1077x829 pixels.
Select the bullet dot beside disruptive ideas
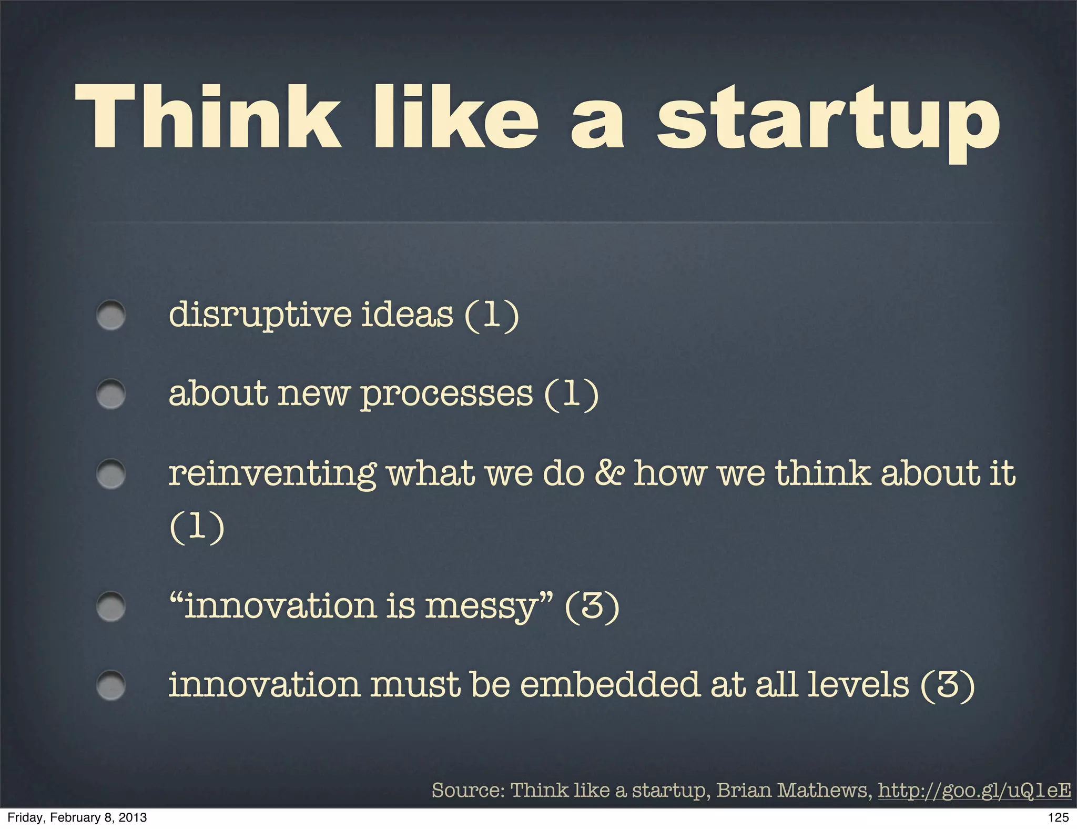pos(111,316)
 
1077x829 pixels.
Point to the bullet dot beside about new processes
pos(111,395)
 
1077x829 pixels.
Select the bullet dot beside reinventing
pos(111,474)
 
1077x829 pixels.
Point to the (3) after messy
pos(592,606)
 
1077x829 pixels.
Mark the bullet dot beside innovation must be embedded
pos(111,685)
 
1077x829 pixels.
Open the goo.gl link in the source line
pos(974,790)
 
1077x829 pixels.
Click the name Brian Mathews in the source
pos(791,790)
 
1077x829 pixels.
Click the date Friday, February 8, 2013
pos(77,817)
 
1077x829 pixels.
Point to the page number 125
pos(1058,817)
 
